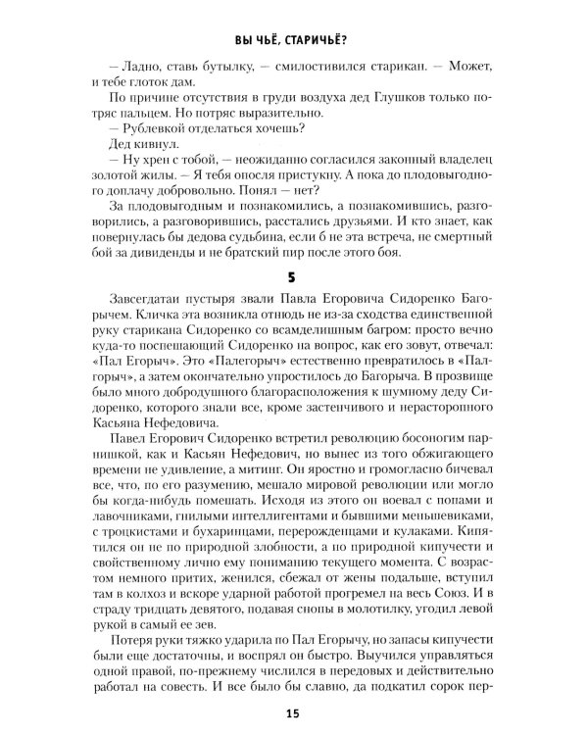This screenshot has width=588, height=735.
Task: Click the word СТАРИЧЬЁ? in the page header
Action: pyautogui.click(x=324, y=39)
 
